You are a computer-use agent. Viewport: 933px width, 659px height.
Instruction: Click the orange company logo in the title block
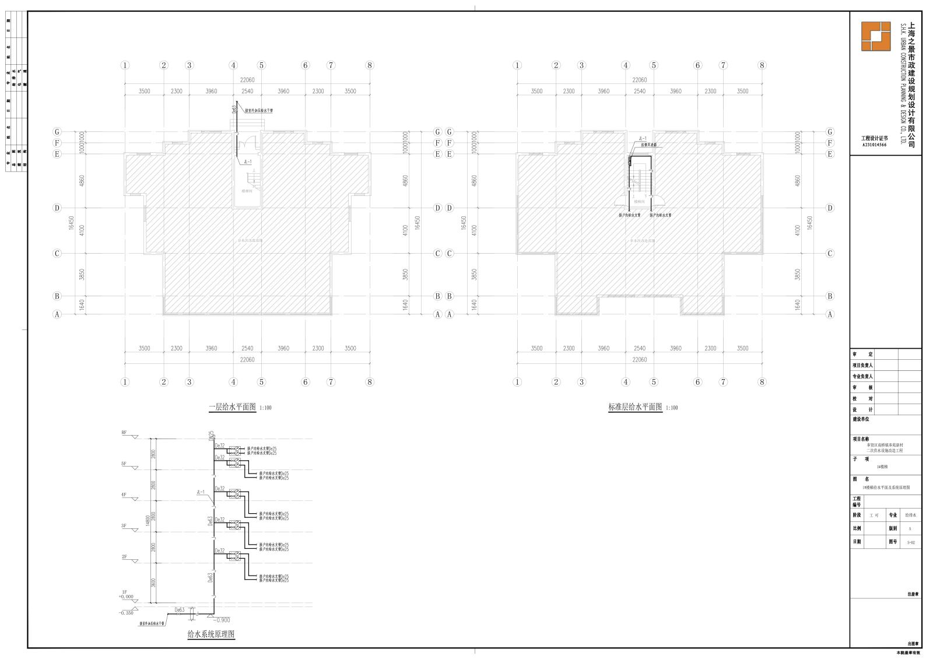click(876, 37)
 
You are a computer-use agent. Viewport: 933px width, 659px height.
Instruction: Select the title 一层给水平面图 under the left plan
click(232, 408)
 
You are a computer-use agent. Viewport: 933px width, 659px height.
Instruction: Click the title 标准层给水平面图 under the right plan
click(634, 408)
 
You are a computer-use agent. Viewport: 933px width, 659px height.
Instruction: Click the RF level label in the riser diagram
click(124, 433)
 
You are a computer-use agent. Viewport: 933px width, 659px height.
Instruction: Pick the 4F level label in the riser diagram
click(124, 495)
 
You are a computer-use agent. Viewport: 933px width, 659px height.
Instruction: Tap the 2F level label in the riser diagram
click(124, 557)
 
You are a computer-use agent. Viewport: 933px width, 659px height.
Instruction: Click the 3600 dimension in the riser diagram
click(153, 583)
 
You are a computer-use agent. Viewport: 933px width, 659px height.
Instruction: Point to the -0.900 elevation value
click(222, 620)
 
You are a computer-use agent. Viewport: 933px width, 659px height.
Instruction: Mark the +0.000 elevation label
click(125, 597)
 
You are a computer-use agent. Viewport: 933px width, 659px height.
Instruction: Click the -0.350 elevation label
click(125, 613)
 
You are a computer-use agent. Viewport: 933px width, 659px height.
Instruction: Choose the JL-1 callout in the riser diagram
click(201, 493)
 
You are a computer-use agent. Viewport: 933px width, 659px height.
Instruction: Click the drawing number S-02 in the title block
click(911, 542)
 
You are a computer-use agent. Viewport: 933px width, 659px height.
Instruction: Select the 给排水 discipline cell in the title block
click(911, 516)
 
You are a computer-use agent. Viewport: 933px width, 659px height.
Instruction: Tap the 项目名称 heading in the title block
click(861, 439)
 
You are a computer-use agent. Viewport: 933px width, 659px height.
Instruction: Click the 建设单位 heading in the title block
click(861, 419)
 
